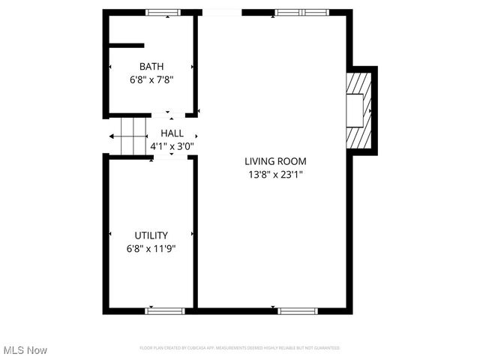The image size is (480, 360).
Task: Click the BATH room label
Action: [x=151, y=66]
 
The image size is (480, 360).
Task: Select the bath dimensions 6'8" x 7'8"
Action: [x=151, y=78]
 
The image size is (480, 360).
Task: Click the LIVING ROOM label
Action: [x=275, y=161]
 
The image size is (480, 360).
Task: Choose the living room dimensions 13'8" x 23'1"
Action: [x=275, y=174]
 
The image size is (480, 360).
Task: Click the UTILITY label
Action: [x=151, y=235]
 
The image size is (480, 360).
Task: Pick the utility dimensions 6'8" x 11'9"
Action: [x=151, y=247]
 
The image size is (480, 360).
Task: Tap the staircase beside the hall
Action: [x=128, y=136]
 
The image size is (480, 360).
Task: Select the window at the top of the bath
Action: [x=163, y=12]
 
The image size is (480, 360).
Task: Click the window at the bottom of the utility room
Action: [x=165, y=310]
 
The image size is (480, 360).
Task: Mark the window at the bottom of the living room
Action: [x=298, y=310]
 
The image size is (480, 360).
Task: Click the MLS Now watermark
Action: [x=25, y=350]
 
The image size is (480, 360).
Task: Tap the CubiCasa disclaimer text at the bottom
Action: [x=240, y=348]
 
